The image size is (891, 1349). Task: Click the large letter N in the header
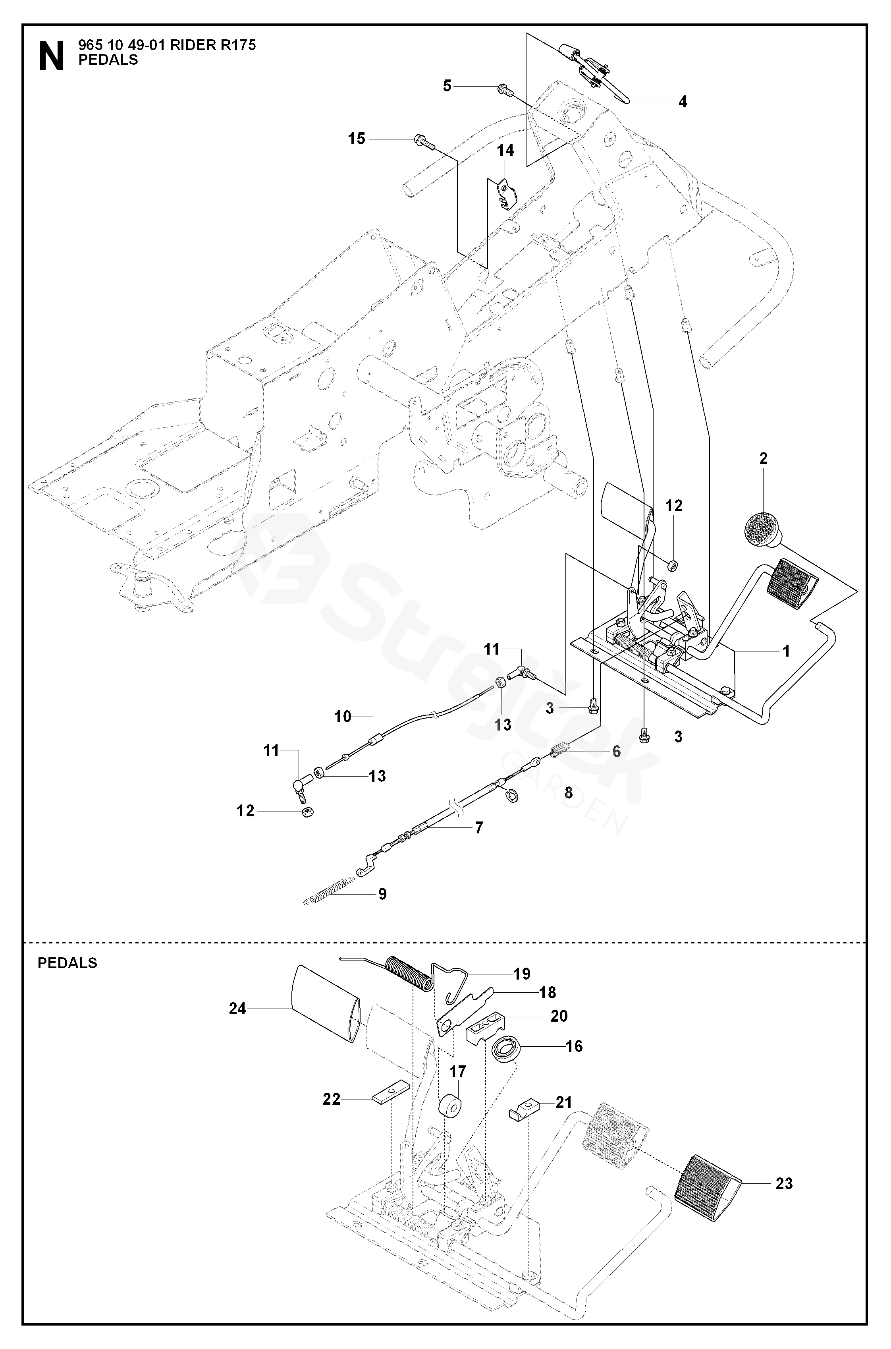(51, 57)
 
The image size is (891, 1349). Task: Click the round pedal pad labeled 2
(764, 529)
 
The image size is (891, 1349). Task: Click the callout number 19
(522, 974)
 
